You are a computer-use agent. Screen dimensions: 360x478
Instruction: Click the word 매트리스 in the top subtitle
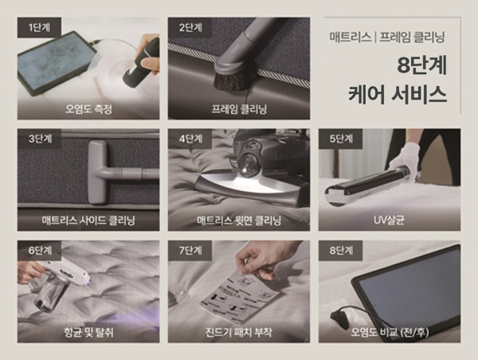(x=350, y=37)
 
